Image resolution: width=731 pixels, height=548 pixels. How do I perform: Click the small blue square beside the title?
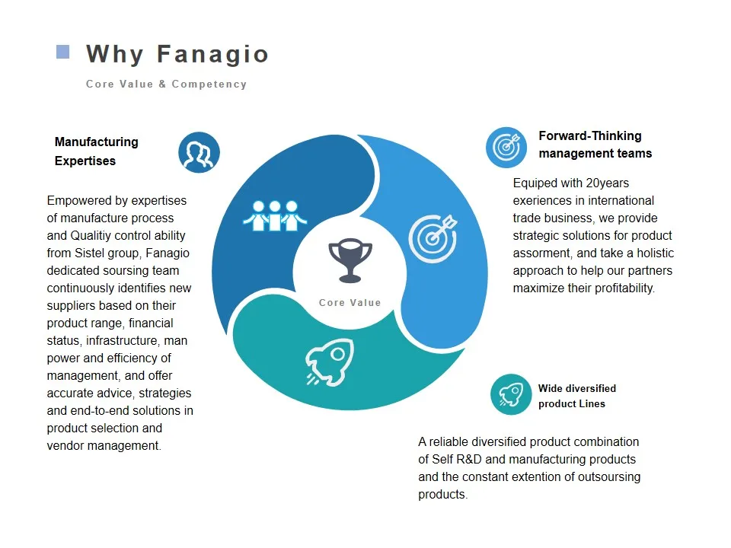tap(63, 52)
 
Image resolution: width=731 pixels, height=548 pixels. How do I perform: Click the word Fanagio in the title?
tap(212, 54)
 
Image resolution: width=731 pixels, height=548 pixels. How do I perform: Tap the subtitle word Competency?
tap(209, 84)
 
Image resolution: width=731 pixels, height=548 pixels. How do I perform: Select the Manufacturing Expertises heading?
tap(97, 151)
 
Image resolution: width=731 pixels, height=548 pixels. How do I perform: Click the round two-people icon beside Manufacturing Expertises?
tap(199, 152)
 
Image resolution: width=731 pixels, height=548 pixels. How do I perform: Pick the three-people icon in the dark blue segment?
tap(275, 215)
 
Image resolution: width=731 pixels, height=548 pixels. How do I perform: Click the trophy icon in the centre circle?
tap(350, 261)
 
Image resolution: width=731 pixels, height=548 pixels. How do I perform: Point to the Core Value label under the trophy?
tap(350, 302)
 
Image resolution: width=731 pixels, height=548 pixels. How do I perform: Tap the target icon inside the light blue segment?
tap(433, 238)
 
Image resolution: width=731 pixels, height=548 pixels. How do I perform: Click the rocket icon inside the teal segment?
tap(330, 362)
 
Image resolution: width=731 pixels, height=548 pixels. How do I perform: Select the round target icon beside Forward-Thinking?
tap(506, 147)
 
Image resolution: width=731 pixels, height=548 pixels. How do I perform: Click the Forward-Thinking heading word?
tap(590, 135)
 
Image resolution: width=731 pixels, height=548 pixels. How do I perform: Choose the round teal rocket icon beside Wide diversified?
tap(511, 394)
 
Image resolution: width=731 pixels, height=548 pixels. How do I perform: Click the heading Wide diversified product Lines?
tap(577, 396)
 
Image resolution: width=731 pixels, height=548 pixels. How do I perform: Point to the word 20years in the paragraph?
tap(608, 183)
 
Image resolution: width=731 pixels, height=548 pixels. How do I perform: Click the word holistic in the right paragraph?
tap(656, 253)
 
